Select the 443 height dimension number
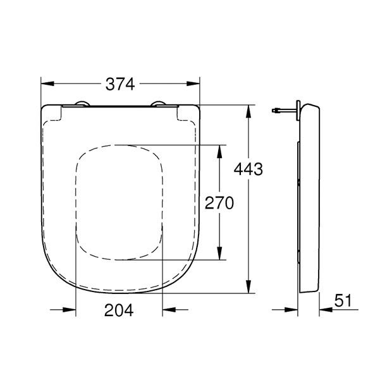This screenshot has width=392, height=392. [248, 169]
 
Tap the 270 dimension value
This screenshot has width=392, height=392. [219, 202]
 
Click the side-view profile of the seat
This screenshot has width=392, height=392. [310, 196]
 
